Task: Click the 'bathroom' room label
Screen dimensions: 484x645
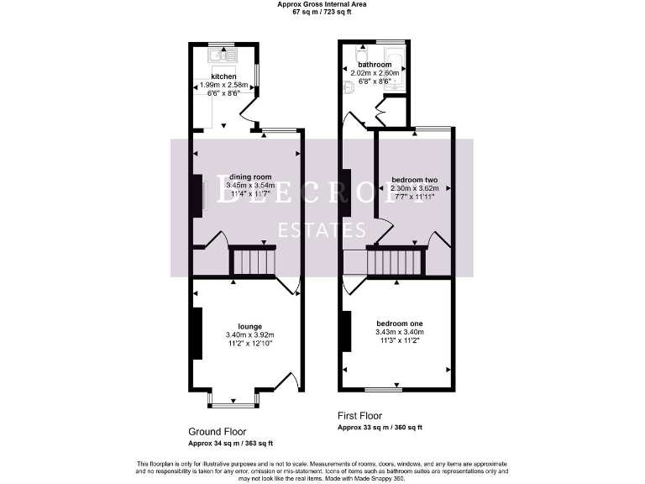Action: pyautogui.click(x=375, y=65)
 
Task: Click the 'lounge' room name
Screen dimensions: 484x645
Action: pyautogui.click(x=249, y=326)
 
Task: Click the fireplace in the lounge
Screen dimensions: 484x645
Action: pyautogui.click(x=197, y=333)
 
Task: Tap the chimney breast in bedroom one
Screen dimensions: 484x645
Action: pyautogui.click(x=345, y=332)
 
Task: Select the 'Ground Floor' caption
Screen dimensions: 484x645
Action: pyautogui.click(x=217, y=431)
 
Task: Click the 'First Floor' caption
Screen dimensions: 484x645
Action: pyautogui.click(x=359, y=416)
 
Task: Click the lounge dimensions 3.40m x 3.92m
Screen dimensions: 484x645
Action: pyautogui.click(x=249, y=335)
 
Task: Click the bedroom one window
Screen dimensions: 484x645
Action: pyautogui.click(x=383, y=389)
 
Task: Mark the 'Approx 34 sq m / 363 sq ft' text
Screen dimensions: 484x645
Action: pyautogui.click(x=230, y=443)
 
